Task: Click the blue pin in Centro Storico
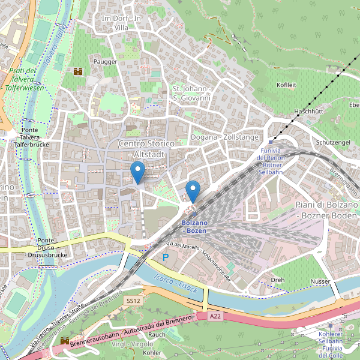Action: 138,173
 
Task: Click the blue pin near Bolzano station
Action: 193,191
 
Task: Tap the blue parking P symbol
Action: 166,257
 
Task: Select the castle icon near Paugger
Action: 77,71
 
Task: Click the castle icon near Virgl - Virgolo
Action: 65,341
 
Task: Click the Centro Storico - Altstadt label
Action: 146,149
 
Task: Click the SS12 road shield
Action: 133,300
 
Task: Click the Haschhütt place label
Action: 309,112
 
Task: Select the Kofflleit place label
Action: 286,85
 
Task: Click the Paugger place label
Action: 105,61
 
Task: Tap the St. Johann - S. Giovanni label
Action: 192,94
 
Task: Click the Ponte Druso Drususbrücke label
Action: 44,247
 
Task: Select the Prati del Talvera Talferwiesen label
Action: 23,79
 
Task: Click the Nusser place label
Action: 320,281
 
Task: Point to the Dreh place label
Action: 277,280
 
